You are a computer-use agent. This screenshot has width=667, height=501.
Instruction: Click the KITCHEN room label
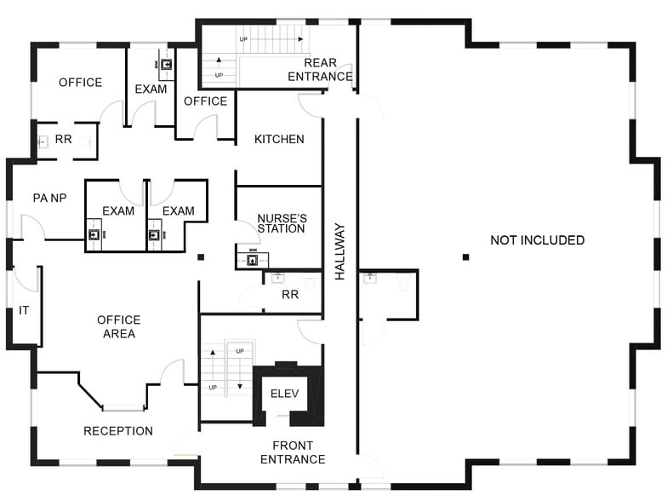[279, 140]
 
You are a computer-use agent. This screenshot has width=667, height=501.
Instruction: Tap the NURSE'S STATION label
[282, 223]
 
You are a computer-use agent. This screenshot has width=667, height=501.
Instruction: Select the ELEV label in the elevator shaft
[284, 394]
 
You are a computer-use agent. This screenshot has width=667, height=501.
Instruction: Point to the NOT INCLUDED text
[538, 240]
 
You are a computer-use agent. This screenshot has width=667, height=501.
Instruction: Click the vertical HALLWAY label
[340, 251]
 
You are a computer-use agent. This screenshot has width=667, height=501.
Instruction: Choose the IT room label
[24, 310]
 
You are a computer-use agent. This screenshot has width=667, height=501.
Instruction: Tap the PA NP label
[49, 198]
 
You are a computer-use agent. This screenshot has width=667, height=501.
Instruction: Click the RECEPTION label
[118, 431]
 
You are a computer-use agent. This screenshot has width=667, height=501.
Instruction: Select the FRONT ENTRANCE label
[293, 452]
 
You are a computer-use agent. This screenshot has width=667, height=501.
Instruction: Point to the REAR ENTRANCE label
[320, 70]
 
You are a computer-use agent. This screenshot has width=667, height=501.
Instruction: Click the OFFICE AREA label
[119, 327]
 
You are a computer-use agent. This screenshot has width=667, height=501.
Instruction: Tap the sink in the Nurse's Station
[253, 259]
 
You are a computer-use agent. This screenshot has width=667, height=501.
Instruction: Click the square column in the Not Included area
[466, 257]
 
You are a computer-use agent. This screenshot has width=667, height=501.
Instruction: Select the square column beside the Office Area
[201, 257]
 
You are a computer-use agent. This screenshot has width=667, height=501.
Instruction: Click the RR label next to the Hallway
[290, 295]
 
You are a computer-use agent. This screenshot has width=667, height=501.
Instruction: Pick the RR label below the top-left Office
[63, 140]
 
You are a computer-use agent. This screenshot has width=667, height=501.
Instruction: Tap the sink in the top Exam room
[167, 65]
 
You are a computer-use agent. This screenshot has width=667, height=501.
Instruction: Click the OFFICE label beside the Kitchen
[206, 101]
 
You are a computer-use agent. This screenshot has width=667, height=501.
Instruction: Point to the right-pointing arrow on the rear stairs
[300, 39]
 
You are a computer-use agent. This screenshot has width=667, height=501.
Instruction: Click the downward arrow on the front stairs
[240, 387]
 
